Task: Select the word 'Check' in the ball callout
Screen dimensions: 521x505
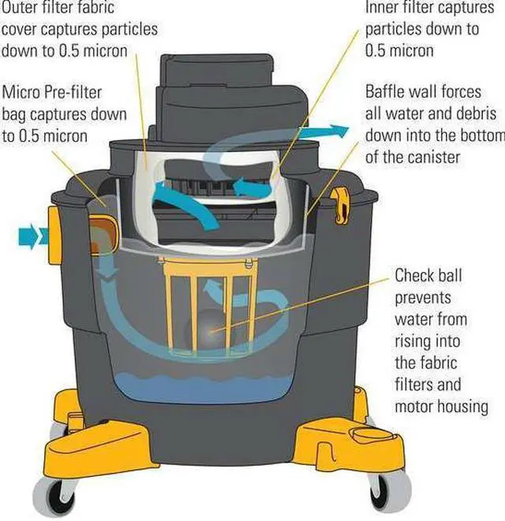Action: [x=416, y=276]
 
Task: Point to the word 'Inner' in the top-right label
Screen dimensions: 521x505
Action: [x=383, y=8]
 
